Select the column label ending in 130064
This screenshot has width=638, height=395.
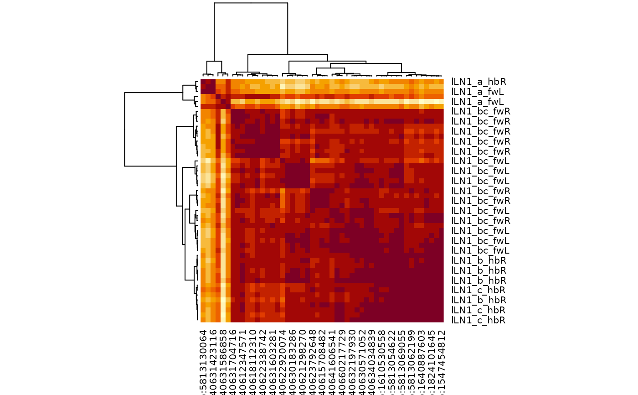pyautogui.click(x=203, y=360)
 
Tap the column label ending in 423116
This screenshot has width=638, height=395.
pyautogui.click(x=213, y=360)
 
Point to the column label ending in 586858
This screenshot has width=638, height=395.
pyautogui.click(x=223, y=360)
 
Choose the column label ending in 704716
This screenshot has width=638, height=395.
pyautogui.click(x=233, y=360)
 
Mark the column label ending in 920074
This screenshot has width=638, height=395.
pyautogui.click(x=283, y=360)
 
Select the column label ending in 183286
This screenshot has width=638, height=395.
pyautogui.click(x=293, y=360)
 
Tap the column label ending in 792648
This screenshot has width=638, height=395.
pyautogui.click(x=313, y=360)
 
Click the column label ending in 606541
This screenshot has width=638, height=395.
pyautogui.click(x=333, y=360)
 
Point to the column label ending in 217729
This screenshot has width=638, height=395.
pyautogui.click(x=343, y=360)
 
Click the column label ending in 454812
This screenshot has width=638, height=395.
pyautogui.click(x=441, y=360)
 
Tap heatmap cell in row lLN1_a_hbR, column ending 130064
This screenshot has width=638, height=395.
pyautogui.click(x=203, y=82)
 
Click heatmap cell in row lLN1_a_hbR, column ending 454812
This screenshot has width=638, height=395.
pyautogui.click(x=441, y=82)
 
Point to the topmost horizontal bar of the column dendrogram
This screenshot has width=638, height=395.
pyautogui.click(x=251, y=3)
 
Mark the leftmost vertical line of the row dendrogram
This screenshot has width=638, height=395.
pyautogui.click(x=125, y=129)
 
